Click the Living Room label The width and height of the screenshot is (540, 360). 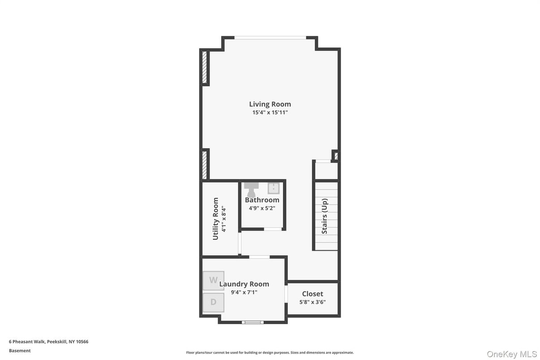pos(270,104)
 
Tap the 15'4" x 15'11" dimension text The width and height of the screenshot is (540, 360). pos(270,112)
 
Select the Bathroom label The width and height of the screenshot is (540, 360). pos(262,200)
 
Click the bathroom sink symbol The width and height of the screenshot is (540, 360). pos(273,188)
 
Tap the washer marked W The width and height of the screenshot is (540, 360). pos(214,281)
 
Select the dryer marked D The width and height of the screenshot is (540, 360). pos(214,302)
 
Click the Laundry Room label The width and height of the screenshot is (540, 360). pos(244,284)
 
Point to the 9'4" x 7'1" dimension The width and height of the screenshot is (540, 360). pos(244,292)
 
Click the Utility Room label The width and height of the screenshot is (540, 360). pos(215,219)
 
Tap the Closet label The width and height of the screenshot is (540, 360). pos(313,294)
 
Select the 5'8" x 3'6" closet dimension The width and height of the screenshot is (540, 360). pos(313,302)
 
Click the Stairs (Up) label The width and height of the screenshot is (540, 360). pos(325,216)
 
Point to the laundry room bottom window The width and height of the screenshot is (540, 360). pos(253,322)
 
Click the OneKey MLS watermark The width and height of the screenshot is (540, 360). pos(512,354)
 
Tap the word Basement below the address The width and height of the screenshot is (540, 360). pos(20,351)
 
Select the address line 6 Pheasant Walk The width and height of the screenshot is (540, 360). pos(48,342)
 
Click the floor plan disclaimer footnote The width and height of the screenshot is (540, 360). pos(270,352)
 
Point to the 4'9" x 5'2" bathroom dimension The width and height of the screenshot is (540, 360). pos(262,208)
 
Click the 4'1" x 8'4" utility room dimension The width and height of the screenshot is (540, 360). pos(224,219)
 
